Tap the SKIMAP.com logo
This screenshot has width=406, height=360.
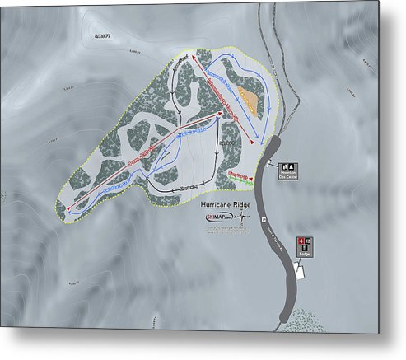[x=217, y=217]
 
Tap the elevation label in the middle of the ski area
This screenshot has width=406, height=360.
[x=228, y=145]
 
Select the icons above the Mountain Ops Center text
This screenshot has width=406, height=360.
[x=288, y=166]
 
